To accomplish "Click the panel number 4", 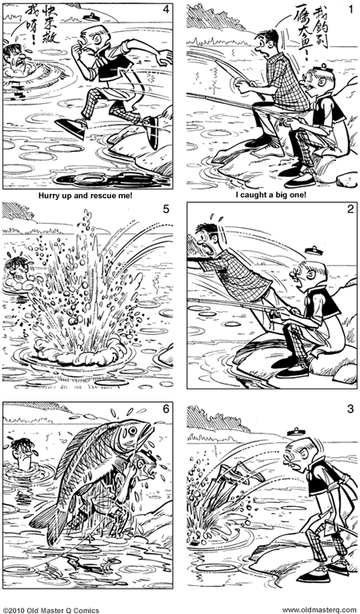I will (x=166, y=9).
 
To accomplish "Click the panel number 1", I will (x=350, y=9).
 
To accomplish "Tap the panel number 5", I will (x=166, y=210).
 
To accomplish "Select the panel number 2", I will (x=350, y=210).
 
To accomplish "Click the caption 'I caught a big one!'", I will (x=271, y=193).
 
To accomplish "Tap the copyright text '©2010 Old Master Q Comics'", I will (x=51, y=609).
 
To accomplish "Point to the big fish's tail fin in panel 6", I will (x=46, y=524).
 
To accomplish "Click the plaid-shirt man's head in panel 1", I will (x=268, y=42).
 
